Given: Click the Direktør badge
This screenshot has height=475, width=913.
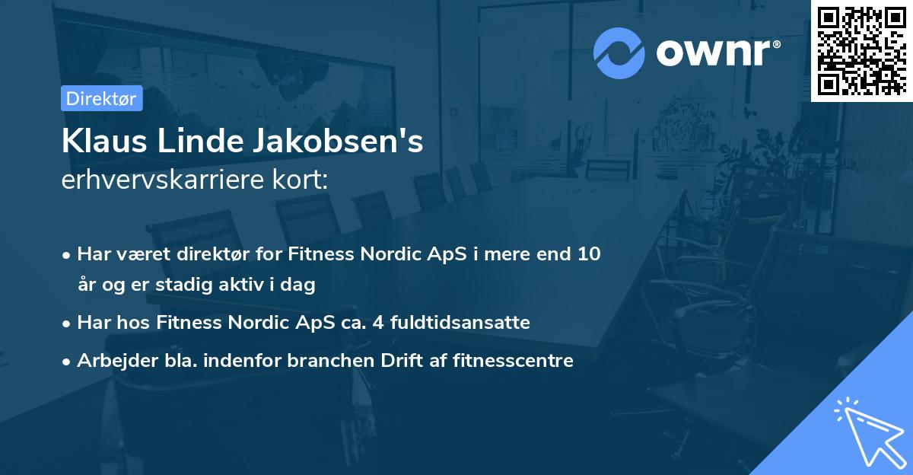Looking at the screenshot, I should coord(102,98).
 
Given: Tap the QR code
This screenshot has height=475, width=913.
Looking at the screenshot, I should coord(861,50).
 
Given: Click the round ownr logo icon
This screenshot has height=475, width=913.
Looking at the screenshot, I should coord(619,53).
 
